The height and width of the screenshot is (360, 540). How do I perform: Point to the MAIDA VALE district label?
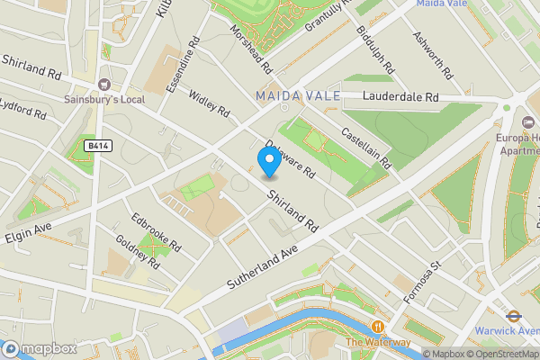click(297, 95)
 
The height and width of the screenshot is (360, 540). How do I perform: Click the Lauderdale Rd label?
click(400, 96)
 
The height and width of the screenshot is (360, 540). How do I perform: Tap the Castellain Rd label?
click(366, 148)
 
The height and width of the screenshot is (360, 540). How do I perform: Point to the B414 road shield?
click(98, 145)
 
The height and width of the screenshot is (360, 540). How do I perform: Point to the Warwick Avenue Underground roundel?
click(514, 316)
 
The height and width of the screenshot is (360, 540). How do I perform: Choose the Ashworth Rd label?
click(428, 52)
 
